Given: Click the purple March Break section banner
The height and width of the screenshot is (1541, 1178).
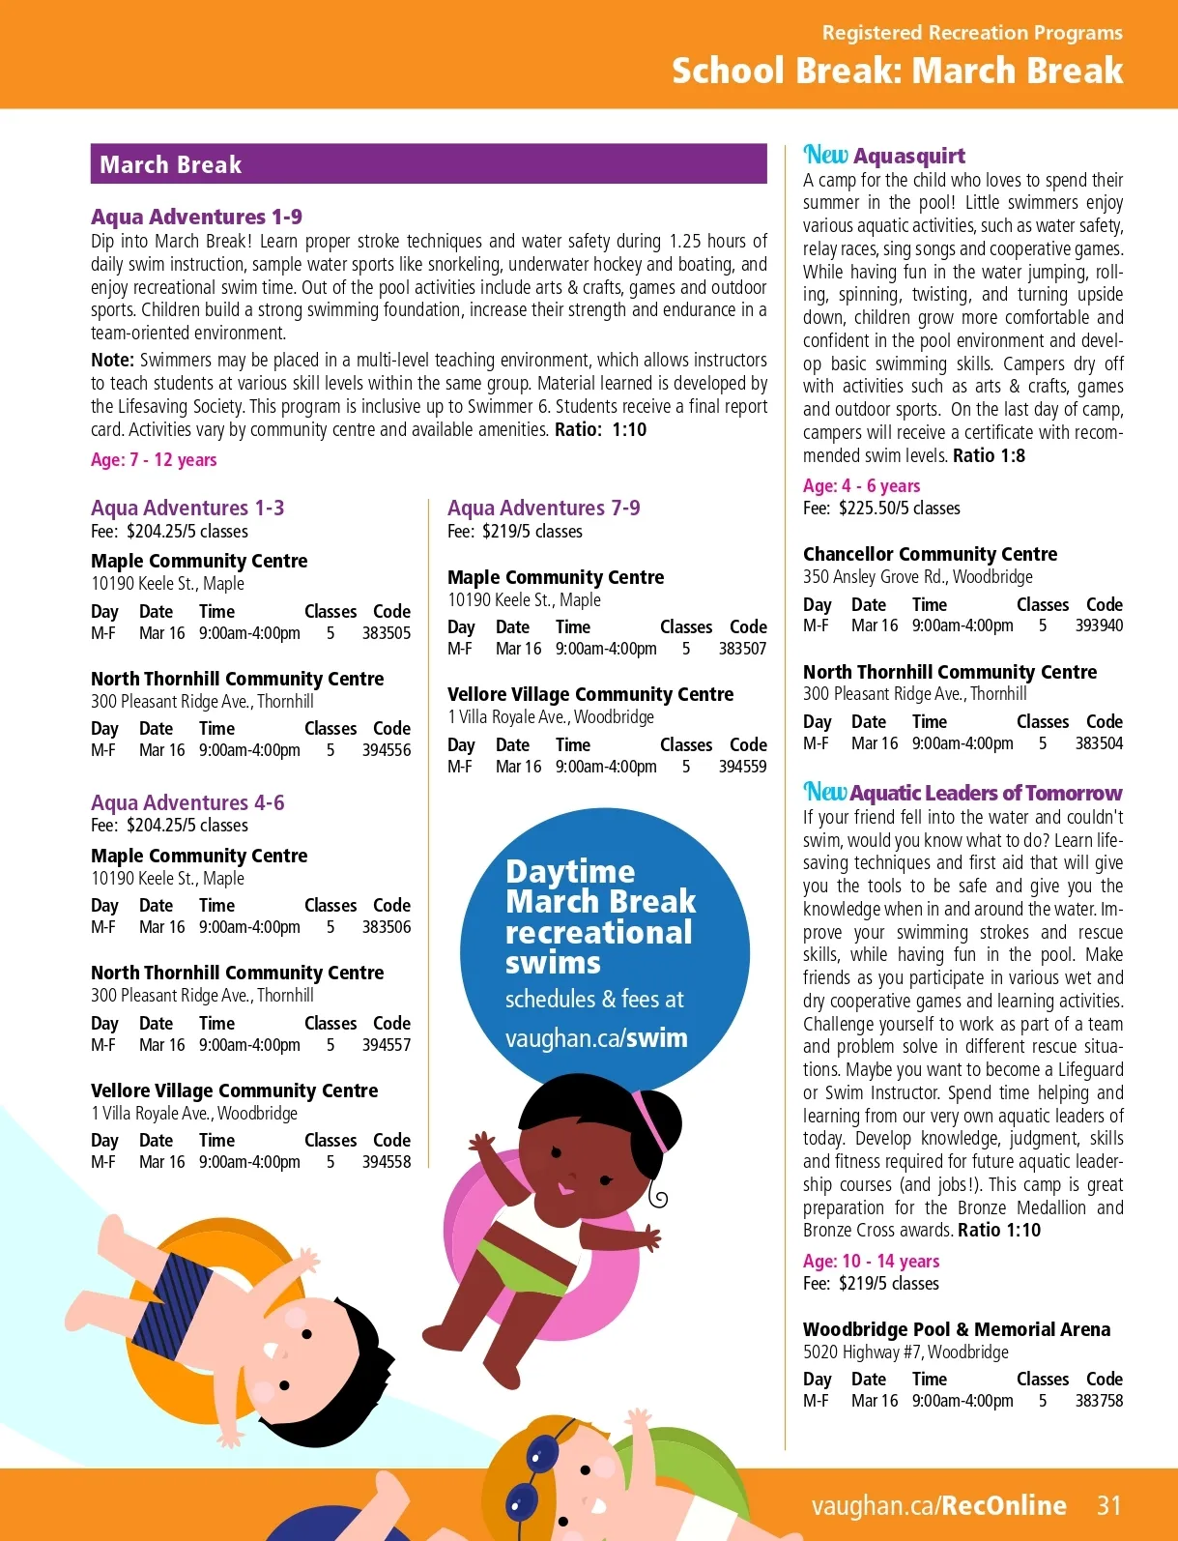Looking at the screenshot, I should (428, 164).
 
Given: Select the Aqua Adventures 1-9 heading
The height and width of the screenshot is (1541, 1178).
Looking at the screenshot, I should (196, 217).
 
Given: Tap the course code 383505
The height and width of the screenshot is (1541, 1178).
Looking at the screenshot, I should (387, 633).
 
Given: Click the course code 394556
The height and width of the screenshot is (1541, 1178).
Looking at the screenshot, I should (387, 750).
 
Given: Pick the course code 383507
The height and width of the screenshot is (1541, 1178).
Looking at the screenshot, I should (742, 649).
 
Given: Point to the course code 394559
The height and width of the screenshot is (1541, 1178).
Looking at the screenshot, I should (742, 767).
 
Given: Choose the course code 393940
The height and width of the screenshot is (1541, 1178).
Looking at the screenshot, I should (1099, 625).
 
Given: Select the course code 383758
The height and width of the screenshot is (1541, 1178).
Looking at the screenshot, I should (1099, 1401).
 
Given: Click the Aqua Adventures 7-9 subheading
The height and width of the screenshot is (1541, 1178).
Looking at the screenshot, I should (543, 508).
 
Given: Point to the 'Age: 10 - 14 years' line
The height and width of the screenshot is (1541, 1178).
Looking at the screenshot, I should (871, 1261).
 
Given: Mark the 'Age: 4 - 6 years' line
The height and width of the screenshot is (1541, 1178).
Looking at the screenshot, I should (861, 485).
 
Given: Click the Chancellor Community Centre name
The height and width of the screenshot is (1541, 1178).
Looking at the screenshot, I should (930, 554).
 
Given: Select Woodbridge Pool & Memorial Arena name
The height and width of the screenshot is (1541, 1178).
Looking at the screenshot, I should (957, 1329).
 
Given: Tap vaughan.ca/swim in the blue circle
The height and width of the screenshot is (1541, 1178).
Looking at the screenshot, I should (596, 1038).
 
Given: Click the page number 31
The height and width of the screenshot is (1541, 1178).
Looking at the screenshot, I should (1109, 1505).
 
